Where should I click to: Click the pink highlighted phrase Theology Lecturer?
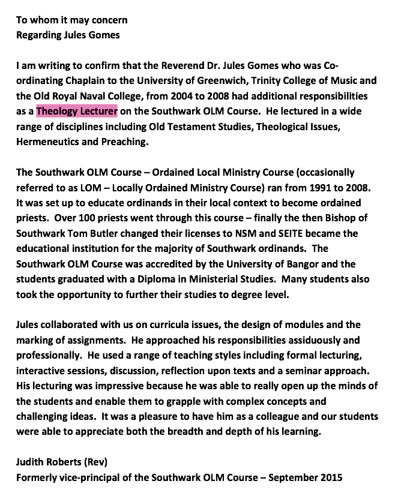(x=76, y=111)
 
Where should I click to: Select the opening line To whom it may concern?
(x=71, y=20)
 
